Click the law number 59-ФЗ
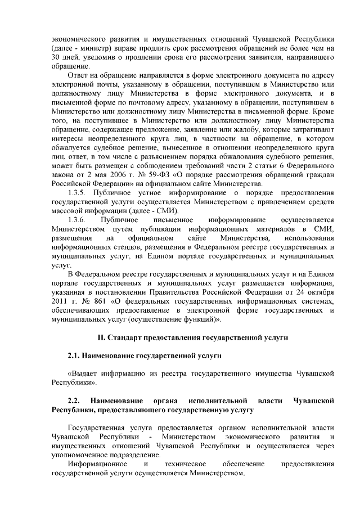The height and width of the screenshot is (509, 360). [157, 174]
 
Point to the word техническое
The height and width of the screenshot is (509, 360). [185, 464]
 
